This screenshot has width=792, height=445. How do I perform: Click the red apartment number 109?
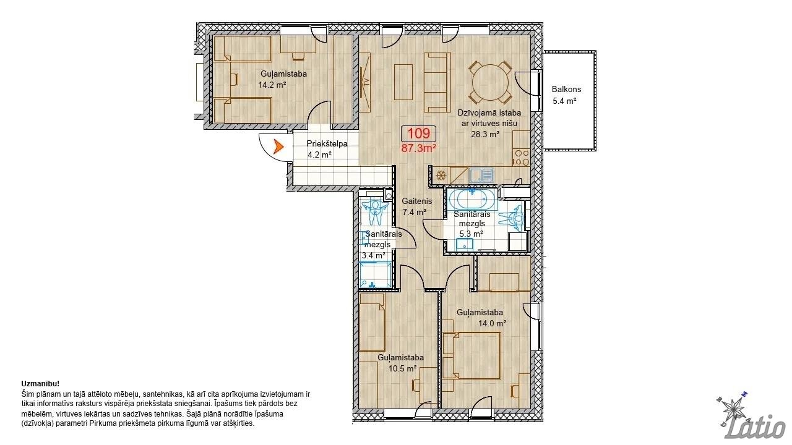click(x=419, y=133)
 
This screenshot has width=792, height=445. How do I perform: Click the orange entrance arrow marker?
click(x=278, y=146)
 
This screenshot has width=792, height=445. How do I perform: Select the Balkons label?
click(x=566, y=90)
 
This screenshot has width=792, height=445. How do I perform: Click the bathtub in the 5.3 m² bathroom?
click(x=472, y=200)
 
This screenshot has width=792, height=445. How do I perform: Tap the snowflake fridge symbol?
click(x=440, y=175)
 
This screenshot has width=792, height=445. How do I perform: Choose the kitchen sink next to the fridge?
click(x=481, y=175)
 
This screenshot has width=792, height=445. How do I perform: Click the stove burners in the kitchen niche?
click(x=522, y=158)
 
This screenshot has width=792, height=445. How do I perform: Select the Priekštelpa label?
click(x=327, y=144)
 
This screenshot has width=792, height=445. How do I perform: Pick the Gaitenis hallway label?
click(x=417, y=201)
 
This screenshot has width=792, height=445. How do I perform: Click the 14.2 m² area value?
click(x=272, y=85)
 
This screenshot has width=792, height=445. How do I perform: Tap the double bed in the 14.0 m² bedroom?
click(x=471, y=355)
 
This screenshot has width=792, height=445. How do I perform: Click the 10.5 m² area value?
click(x=402, y=368)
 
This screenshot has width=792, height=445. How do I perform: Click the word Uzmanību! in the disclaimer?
click(x=40, y=384)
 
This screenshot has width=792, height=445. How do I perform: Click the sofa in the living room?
click(x=437, y=83)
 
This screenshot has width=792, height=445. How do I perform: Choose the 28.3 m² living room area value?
click(x=485, y=134)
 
